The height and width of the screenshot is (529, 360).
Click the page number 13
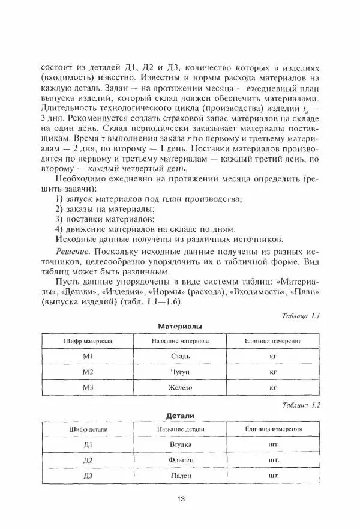pos(181,498)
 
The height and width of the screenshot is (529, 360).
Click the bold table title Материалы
pos(180,326)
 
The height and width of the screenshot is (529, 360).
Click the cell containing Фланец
pos(181,461)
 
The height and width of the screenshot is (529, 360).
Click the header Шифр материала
pos(88,340)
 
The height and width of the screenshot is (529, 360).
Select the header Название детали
pos(181,429)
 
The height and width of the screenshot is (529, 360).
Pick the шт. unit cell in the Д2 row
pos(273,461)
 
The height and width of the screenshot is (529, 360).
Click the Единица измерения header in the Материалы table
pos(273,340)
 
